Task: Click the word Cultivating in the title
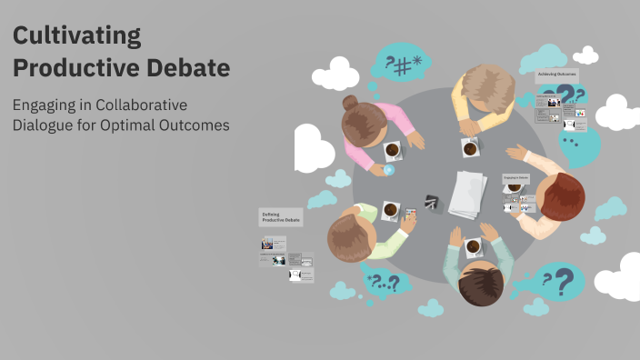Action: point(77,36)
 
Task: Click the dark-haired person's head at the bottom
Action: point(480,285)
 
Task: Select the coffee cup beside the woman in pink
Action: point(392,149)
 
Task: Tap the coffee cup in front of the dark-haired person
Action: point(473,245)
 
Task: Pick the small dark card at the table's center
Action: point(431,202)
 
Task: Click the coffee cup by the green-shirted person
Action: point(390,210)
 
